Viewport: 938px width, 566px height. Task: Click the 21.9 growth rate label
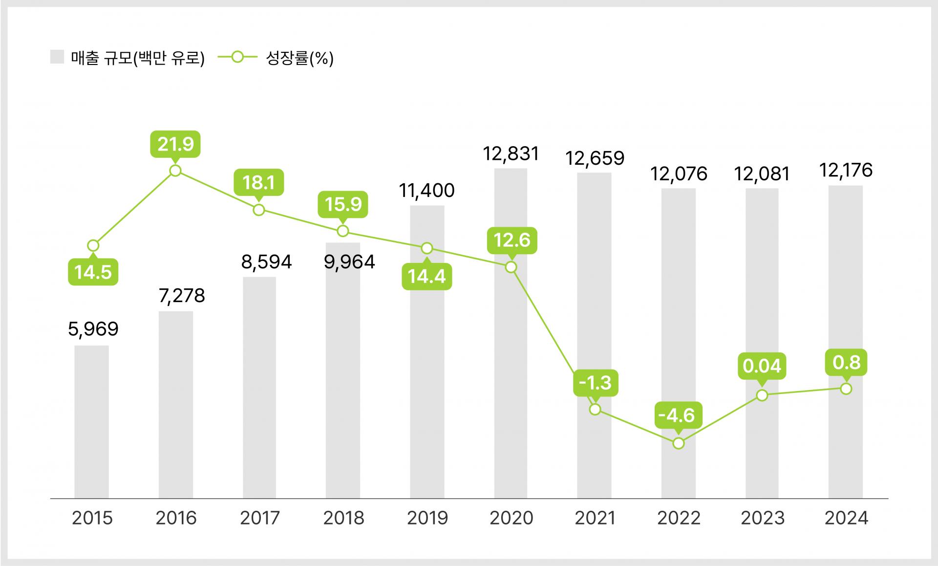(x=175, y=144)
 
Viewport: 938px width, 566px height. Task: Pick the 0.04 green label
(x=762, y=366)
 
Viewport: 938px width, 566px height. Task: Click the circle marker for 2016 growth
(x=175, y=171)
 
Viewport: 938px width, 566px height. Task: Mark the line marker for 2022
(x=678, y=443)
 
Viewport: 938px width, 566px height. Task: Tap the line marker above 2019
(x=427, y=248)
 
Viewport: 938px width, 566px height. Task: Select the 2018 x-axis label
(x=343, y=518)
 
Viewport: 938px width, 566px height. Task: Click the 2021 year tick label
(x=595, y=518)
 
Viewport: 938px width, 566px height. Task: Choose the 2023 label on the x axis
(x=762, y=518)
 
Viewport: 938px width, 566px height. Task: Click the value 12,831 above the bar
(x=511, y=154)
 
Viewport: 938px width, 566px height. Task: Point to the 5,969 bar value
(x=93, y=329)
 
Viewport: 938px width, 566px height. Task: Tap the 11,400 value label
(x=426, y=191)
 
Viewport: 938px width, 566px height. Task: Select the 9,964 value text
(x=349, y=262)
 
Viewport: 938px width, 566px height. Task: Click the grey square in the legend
(x=57, y=57)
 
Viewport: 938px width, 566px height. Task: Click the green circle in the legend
(x=237, y=57)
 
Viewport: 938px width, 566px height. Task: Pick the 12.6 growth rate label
(x=512, y=240)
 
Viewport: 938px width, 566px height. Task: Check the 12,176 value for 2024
(x=846, y=170)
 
